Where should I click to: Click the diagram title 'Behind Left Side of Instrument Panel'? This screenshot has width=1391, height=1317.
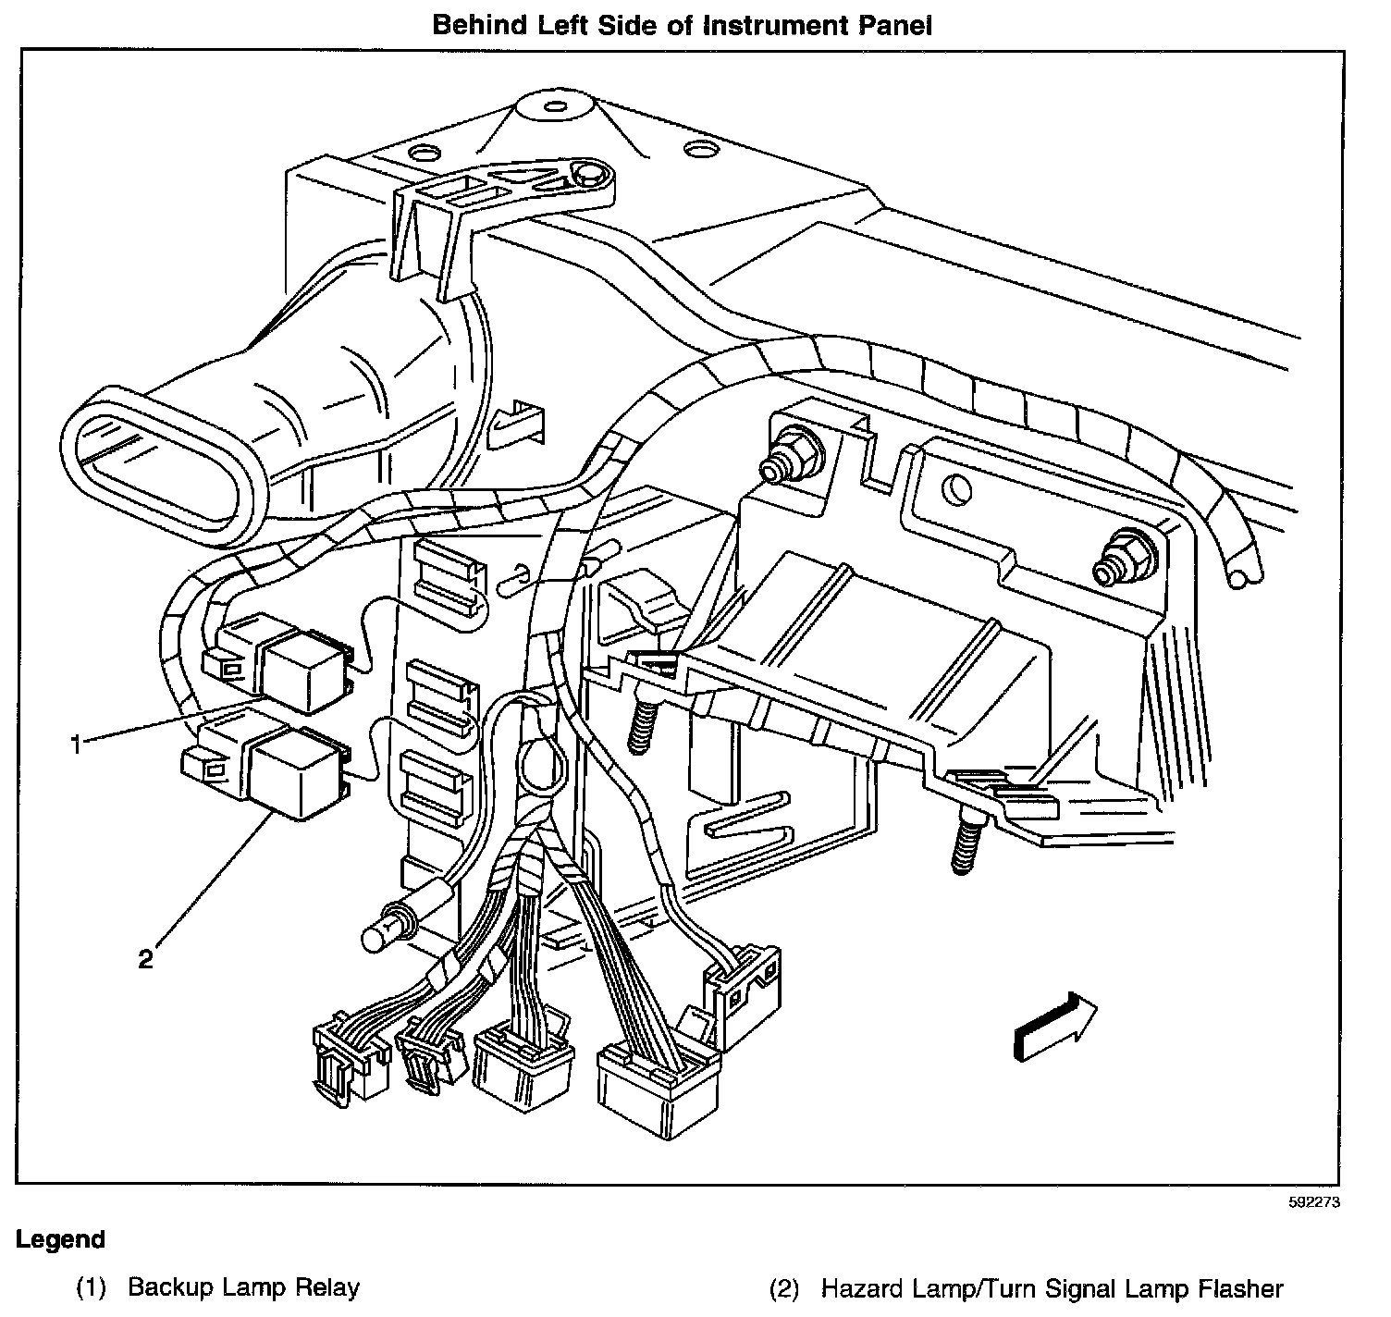(683, 25)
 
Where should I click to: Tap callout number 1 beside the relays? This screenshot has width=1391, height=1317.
(80, 743)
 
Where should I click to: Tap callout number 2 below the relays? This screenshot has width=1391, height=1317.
(145, 959)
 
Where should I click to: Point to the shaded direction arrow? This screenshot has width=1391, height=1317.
(1054, 1026)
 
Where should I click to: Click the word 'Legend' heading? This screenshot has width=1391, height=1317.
(60, 1239)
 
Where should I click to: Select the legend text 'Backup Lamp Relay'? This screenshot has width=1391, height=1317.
(243, 1286)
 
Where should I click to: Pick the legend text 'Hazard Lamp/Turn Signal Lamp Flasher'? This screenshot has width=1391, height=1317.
(1052, 1287)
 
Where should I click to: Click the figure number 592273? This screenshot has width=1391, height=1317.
(1313, 1203)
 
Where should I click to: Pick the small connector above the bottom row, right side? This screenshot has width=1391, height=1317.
(744, 993)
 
